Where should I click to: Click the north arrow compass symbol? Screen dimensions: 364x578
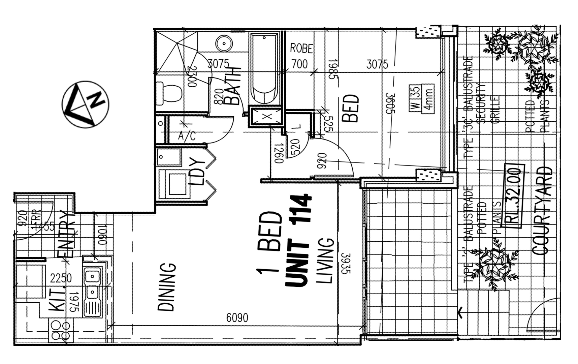click(x=86, y=104)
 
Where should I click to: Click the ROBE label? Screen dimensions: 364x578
click(x=301, y=49)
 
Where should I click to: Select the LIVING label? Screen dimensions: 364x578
click(x=325, y=261)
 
